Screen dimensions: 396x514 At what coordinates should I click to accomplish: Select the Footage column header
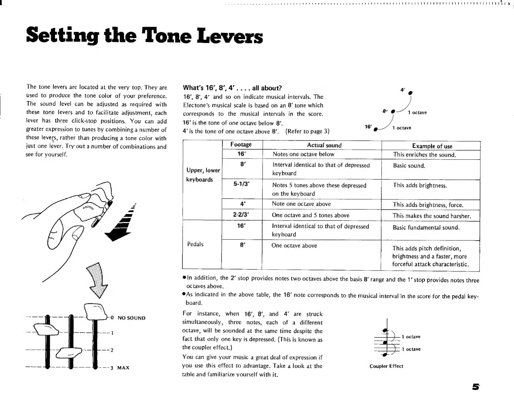pos(241,145)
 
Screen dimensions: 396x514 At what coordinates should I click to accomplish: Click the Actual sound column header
pos(324,145)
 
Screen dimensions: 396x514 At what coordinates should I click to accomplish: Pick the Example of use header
pos(432,146)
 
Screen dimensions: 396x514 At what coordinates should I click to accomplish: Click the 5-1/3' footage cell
pos(242,184)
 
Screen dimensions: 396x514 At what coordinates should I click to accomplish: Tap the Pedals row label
pos(195,244)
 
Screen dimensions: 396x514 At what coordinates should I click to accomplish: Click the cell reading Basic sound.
pos(409,166)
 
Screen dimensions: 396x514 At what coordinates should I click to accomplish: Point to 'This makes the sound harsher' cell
pos(432,216)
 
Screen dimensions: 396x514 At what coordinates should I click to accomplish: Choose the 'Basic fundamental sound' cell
pos(426,228)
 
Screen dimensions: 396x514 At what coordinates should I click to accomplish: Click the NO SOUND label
pos(132,318)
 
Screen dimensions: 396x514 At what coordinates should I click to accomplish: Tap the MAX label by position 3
pos(123,368)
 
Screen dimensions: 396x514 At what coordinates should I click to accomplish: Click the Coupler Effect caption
pos(386,366)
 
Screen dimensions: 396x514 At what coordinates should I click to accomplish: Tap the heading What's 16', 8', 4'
pos(232,88)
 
